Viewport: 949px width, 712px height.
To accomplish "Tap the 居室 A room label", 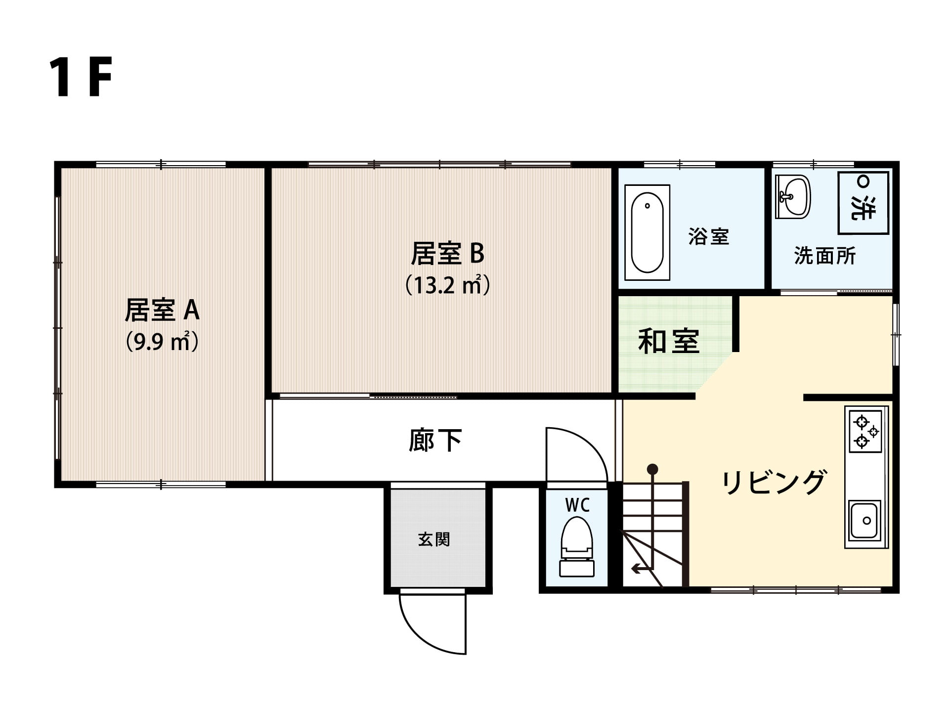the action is [162, 310].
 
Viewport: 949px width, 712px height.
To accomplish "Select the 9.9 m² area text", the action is [162, 341].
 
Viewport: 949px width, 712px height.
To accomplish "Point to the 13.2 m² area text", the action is [448, 285].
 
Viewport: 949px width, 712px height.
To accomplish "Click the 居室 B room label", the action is [448, 253].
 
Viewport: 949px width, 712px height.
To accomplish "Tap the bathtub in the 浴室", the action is [647, 232].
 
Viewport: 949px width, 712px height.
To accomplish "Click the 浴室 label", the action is [709, 237].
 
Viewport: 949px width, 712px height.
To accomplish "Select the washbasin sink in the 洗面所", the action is [793, 197].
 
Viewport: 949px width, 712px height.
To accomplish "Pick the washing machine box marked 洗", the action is [863, 203].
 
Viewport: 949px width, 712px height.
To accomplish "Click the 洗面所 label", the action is [825, 256].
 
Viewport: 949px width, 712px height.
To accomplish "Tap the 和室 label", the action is [669, 341].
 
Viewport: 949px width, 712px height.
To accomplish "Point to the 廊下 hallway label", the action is [435, 440].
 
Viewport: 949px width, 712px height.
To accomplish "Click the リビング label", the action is [774, 482].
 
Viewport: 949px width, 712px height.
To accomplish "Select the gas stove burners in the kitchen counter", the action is [865, 432].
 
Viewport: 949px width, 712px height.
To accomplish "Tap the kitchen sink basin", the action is [865, 521].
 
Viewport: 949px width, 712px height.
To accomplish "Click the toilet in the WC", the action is [577, 546].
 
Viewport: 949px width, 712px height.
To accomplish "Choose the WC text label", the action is [577, 505].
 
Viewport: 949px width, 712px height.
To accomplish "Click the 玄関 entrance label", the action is [434, 539].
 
